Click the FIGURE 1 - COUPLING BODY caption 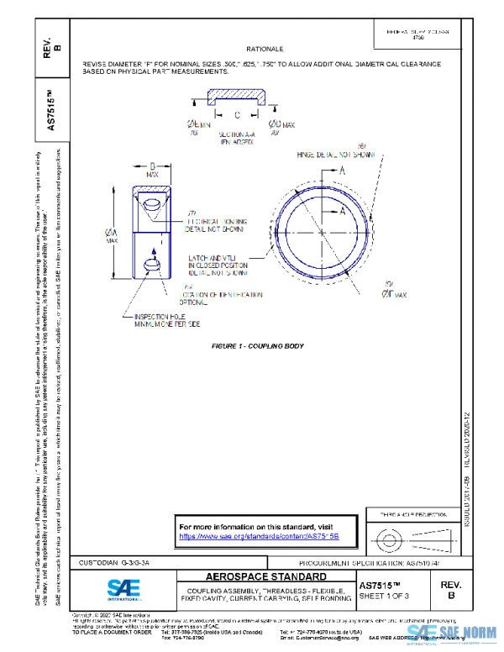(257, 346)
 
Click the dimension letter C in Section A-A (237, 114)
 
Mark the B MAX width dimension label (153, 171)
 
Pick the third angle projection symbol (396, 534)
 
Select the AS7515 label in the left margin (49, 103)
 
